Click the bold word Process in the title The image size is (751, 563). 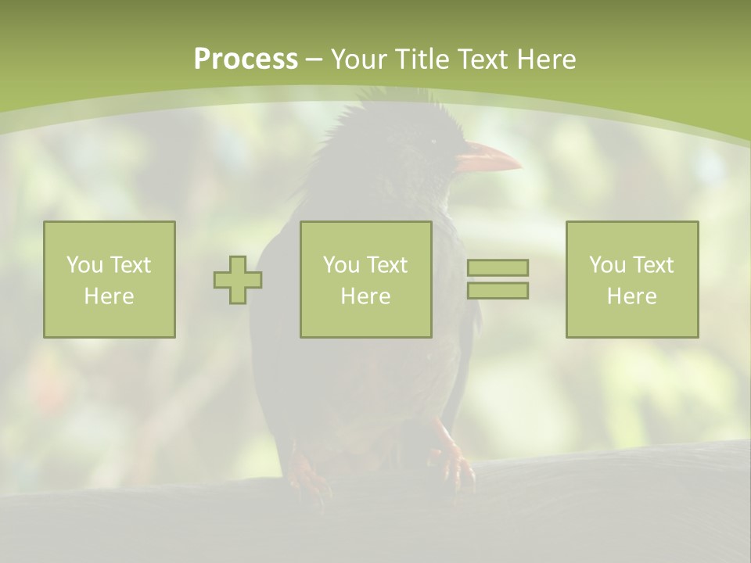click(x=246, y=59)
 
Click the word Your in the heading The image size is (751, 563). click(x=361, y=59)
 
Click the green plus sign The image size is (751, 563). click(x=238, y=280)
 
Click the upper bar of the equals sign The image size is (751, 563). click(x=498, y=267)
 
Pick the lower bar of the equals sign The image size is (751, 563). click(x=498, y=291)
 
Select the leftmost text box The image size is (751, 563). click(x=110, y=279)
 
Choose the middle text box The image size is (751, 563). click(x=366, y=279)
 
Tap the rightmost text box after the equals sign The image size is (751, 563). click(x=632, y=279)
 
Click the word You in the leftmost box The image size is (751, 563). click(x=84, y=265)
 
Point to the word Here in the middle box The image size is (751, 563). click(x=366, y=296)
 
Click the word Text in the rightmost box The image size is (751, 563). click(x=652, y=265)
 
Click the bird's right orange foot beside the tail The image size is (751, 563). click(x=454, y=465)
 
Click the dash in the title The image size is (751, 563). click(x=314, y=59)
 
